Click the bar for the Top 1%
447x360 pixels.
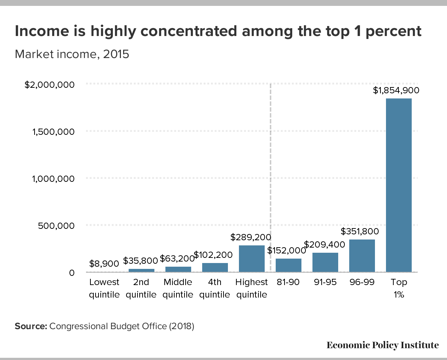click(398, 185)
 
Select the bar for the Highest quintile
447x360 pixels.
click(252, 259)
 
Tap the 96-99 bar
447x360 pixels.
click(362, 256)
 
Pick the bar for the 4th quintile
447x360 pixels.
click(215, 267)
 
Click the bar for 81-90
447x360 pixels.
click(289, 265)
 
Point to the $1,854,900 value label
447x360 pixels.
click(396, 90)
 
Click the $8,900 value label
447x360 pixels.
click(104, 264)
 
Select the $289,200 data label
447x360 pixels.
click(251, 237)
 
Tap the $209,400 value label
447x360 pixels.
click(325, 244)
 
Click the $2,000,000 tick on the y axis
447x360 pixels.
click(49, 85)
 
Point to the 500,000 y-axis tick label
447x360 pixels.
click(56, 226)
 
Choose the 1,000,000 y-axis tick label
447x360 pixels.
click(53, 179)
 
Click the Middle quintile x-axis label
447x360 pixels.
click(178, 288)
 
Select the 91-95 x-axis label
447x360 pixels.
click(325, 282)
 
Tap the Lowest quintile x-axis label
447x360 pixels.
click(104, 288)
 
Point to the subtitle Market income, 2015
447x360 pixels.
click(72, 54)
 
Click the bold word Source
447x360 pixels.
click(31, 326)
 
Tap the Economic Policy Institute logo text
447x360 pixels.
click(383, 345)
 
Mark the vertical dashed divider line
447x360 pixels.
click(271, 177)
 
